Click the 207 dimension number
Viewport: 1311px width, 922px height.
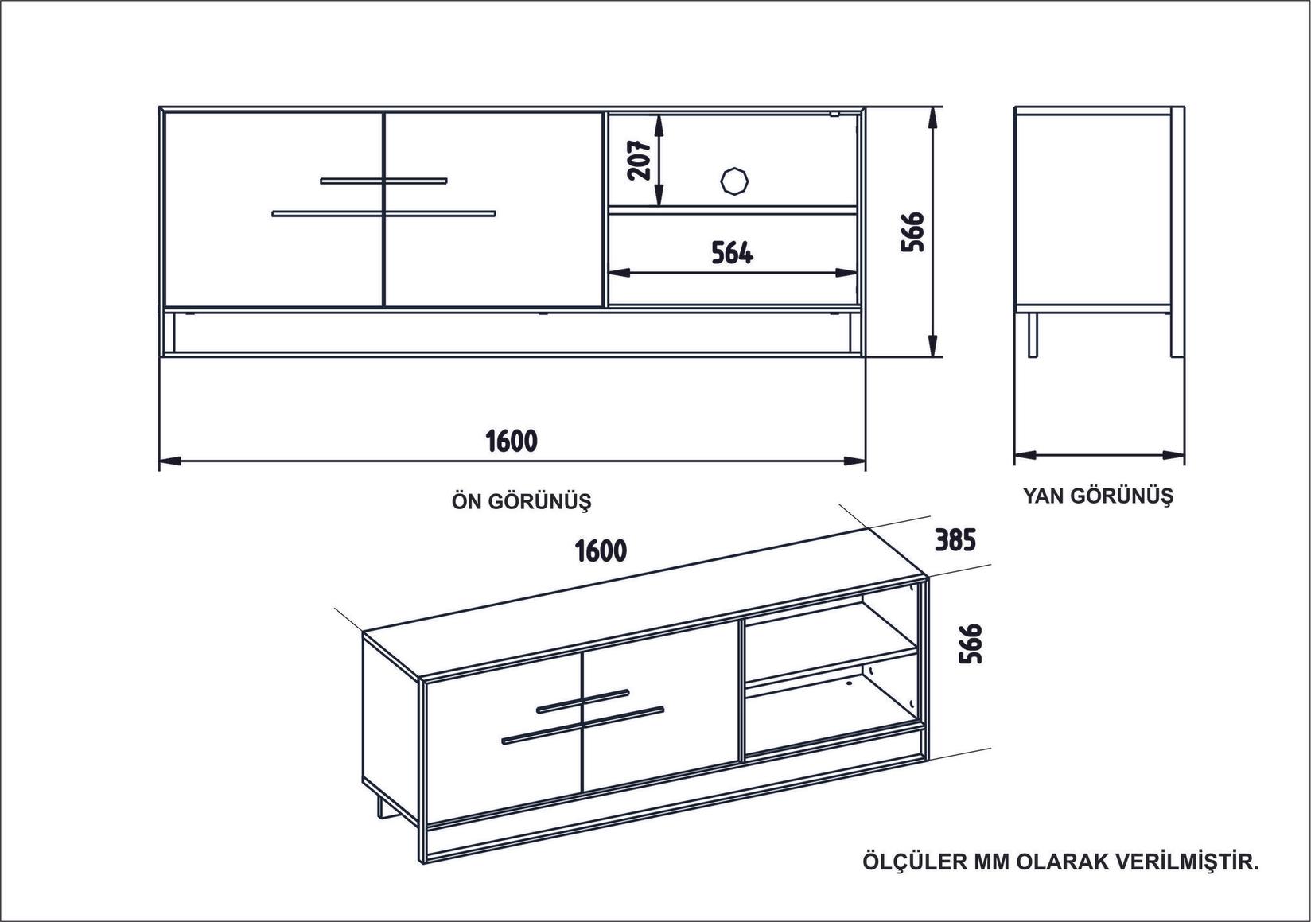[x=640, y=159]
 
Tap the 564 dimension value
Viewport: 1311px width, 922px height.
[x=732, y=252]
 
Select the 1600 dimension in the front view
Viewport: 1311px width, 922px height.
[x=512, y=440]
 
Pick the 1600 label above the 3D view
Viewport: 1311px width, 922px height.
[x=601, y=550]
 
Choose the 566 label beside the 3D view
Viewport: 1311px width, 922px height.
[x=971, y=643]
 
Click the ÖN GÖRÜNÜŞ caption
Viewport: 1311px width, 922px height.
[x=522, y=501]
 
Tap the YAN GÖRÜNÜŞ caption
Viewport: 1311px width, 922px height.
[x=1098, y=496]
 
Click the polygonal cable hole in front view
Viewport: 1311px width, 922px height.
[x=733, y=180]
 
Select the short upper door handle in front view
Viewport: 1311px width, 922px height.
[x=383, y=181]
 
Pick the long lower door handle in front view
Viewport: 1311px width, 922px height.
[x=383, y=213]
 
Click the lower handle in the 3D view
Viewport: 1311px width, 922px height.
[x=582, y=724]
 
